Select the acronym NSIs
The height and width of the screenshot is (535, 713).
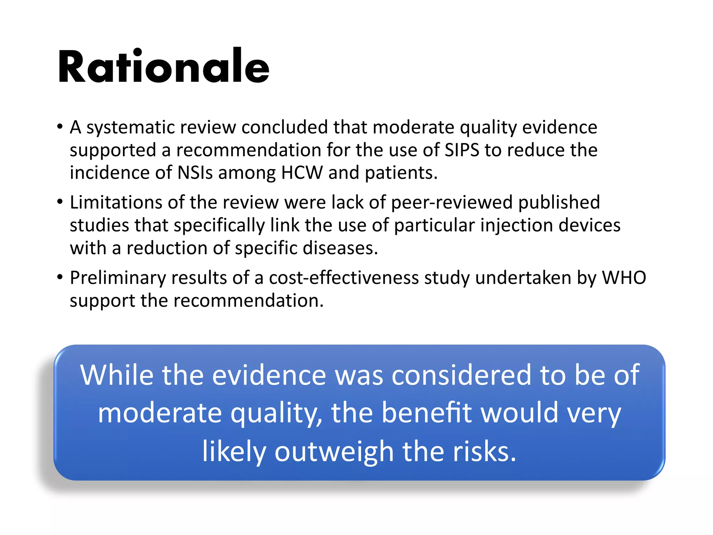click(x=195, y=172)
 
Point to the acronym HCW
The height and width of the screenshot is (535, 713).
click(x=302, y=172)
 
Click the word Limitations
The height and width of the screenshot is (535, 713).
click(x=116, y=202)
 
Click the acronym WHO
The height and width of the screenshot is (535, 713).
click(x=624, y=278)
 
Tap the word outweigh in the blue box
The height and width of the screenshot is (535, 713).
click(x=334, y=451)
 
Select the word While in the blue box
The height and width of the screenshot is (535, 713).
click(x=117, y=375)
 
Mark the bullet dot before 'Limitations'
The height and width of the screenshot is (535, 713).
click(x=60, y=202)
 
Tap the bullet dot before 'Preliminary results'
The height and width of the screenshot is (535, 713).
click(x=60, y=278)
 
